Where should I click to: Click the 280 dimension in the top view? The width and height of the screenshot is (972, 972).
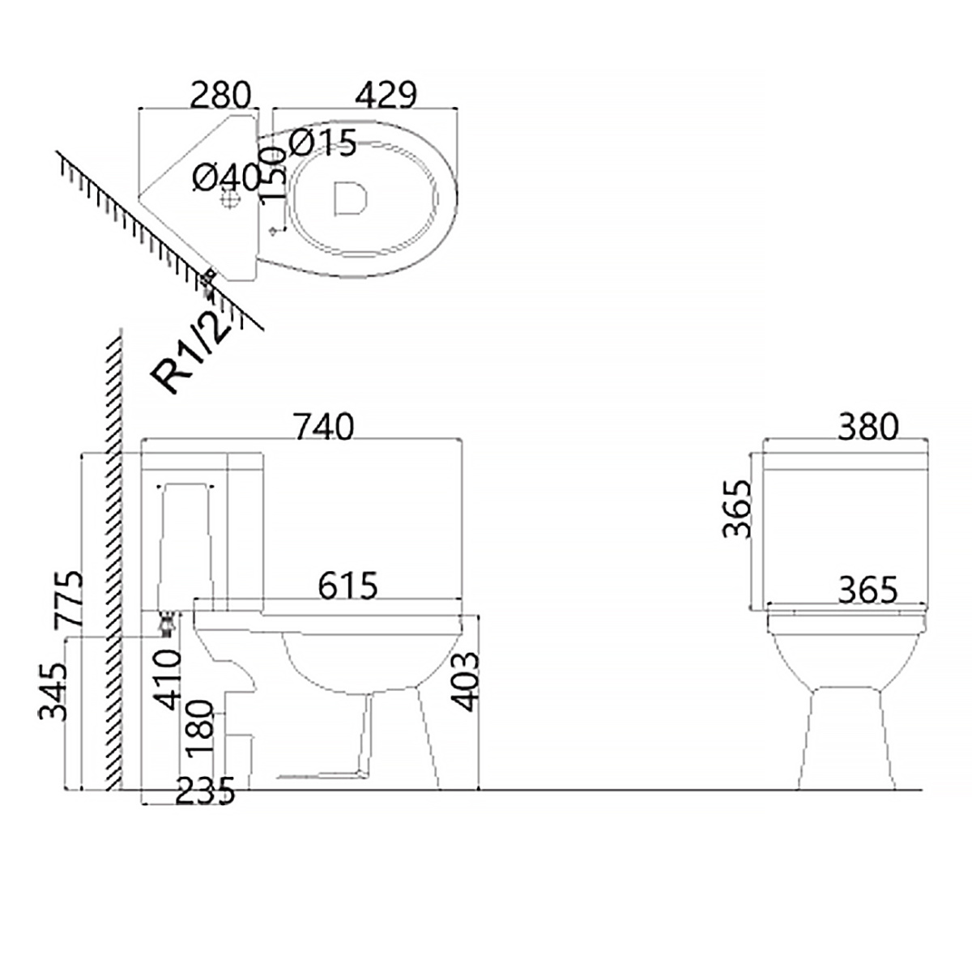click(220, 94)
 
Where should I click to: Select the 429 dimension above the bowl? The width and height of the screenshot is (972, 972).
click(386, 94)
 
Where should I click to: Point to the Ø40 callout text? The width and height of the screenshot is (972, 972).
click(226, 177)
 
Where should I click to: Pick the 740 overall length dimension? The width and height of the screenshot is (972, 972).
click(324, 427)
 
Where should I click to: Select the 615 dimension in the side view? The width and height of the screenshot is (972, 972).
click(348, 585)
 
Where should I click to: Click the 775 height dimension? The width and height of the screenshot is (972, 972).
click(68, 599)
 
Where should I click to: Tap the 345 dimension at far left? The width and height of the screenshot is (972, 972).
click(53, 692)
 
